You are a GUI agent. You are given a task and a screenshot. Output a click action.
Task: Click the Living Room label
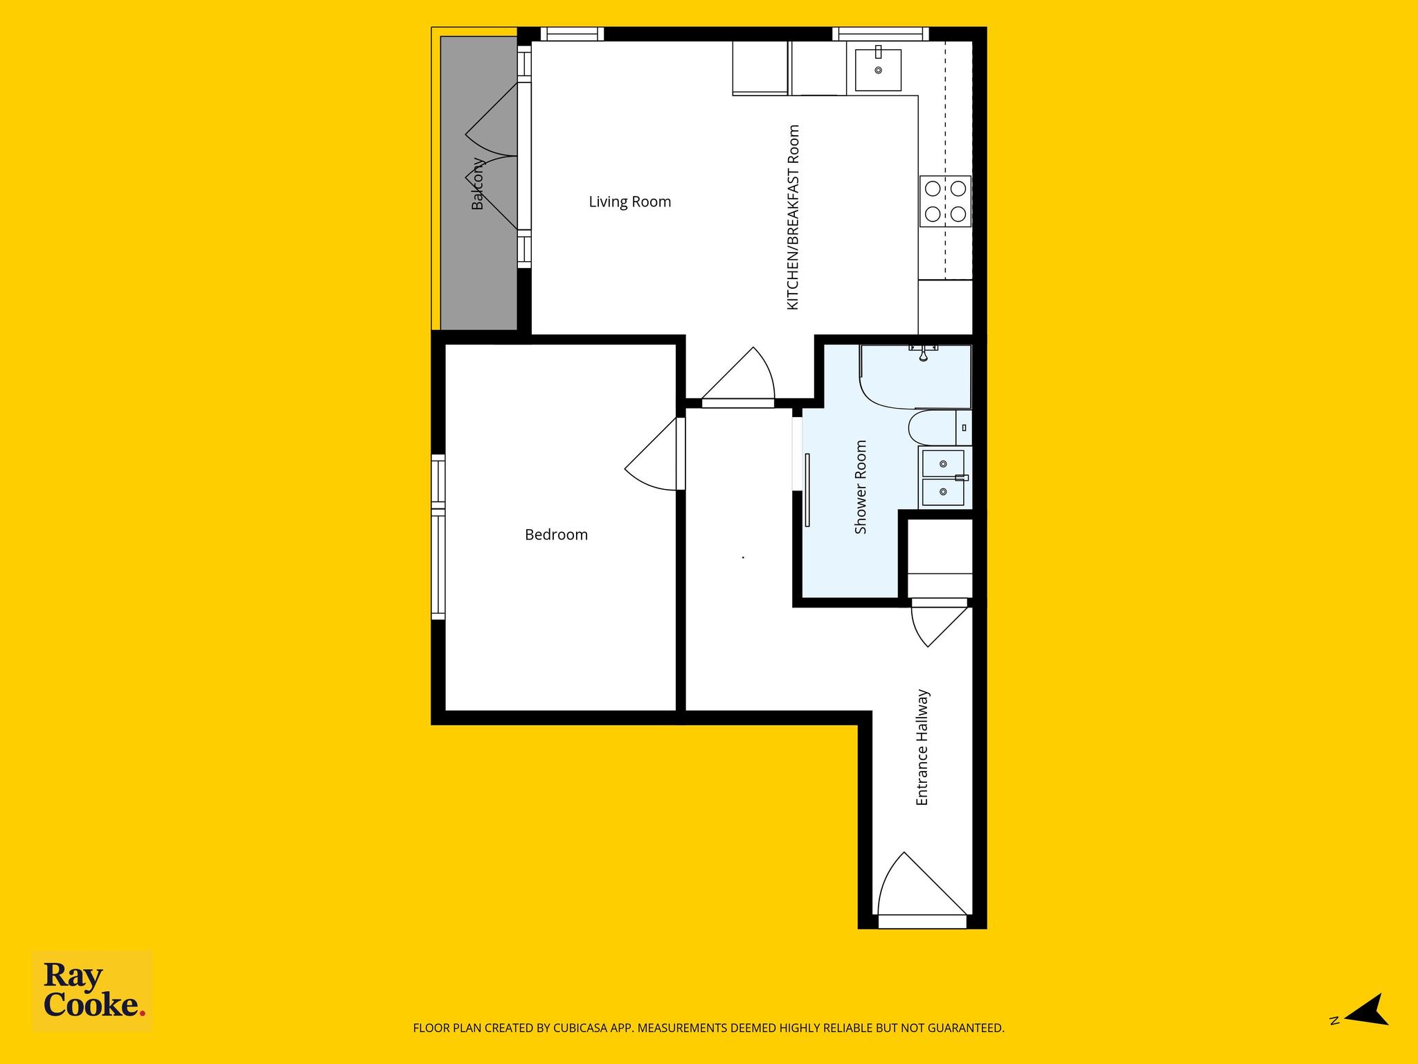tap(629, 202)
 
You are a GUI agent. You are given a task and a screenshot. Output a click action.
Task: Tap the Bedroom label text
tap(556, 535)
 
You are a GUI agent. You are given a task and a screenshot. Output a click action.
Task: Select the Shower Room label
tap(861, 487)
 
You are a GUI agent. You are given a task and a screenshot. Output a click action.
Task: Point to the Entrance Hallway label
tap(922, 747)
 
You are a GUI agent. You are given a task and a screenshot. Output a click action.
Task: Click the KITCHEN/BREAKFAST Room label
tap(793, 218)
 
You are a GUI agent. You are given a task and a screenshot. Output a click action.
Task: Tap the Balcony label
tap(478, 184)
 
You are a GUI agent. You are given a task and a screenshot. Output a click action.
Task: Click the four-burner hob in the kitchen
tap(945, 201)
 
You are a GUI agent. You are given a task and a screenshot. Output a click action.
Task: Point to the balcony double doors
tap(492, 157)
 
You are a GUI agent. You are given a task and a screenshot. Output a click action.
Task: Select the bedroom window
tap(438, 537)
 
